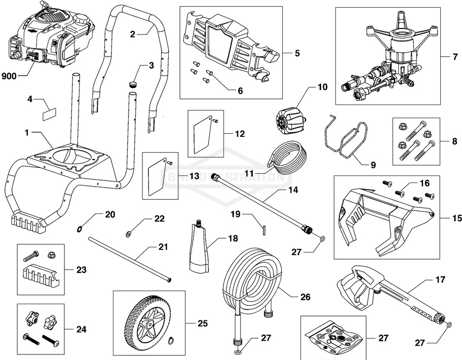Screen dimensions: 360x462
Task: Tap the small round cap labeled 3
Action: point(134,83)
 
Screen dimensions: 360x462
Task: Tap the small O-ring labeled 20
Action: point(80,227)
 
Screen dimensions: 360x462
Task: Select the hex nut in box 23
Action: point(51,254)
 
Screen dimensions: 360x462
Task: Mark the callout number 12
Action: point(240,134)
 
